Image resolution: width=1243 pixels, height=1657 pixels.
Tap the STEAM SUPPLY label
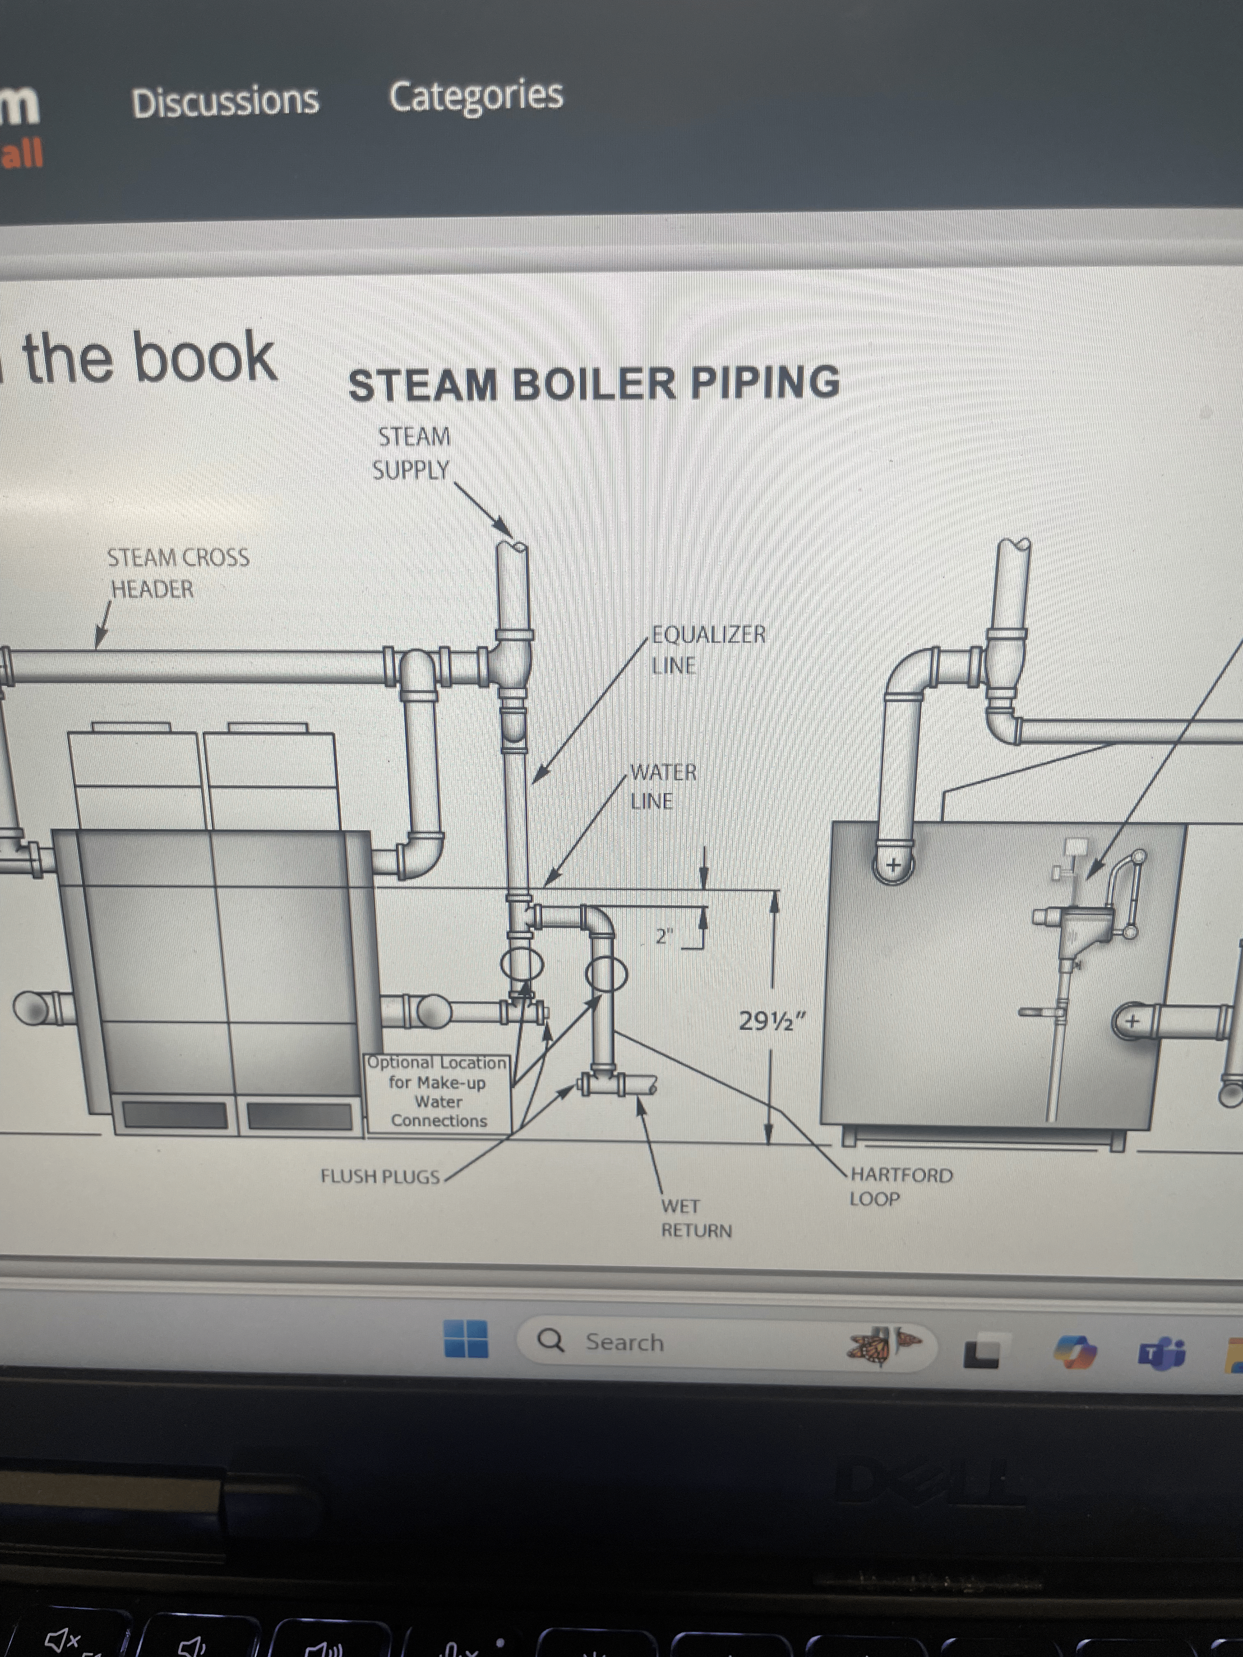[412, 453]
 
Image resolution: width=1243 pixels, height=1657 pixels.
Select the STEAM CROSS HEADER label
[178, 573]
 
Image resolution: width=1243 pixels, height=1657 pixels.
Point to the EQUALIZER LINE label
[708, 649]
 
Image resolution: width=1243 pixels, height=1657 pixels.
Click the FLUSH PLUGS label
[380, 1176]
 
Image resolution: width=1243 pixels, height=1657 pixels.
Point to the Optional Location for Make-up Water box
[438, 1093]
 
